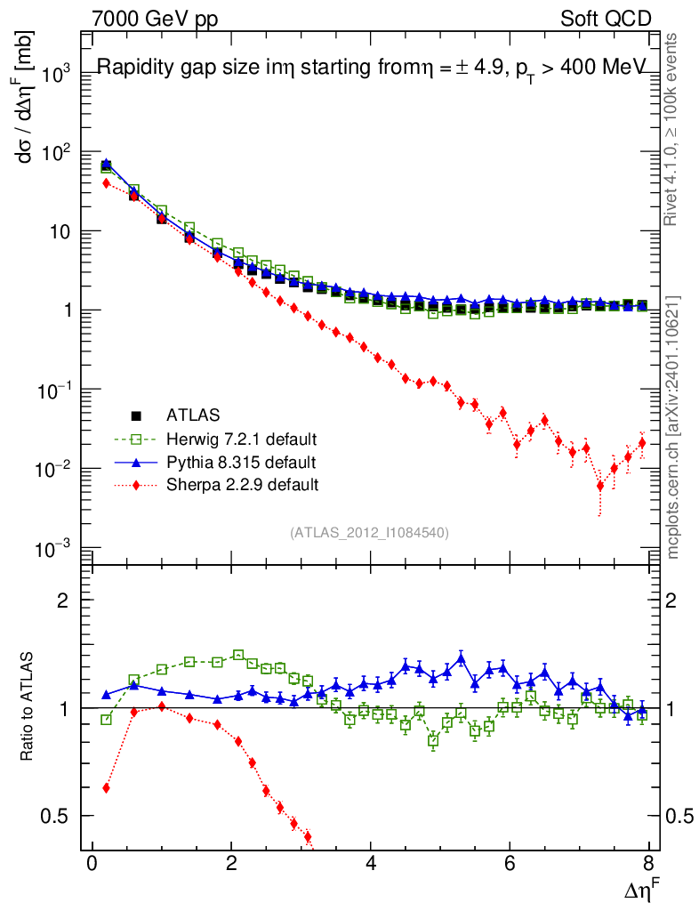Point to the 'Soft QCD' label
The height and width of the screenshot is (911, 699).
(606, 19)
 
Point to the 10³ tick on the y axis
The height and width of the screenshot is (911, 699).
(54, 75)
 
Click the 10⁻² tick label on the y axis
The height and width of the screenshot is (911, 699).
(53, 470)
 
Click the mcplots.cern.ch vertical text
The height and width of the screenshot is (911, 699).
(673, 427)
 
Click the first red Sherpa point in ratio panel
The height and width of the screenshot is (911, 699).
(107, 788)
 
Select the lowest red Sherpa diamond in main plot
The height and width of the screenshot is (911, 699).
(600, 486)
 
